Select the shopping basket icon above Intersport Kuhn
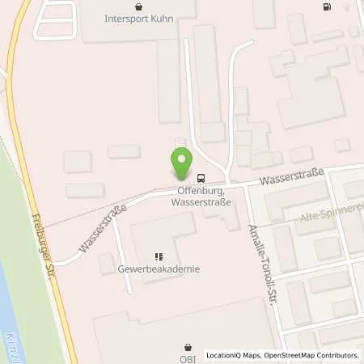pyautogui.click(x=140, y=6)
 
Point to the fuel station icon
pyautogui.click(x=327, y=7)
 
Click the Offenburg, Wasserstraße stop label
pyautogui.click(x=201, y=197)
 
